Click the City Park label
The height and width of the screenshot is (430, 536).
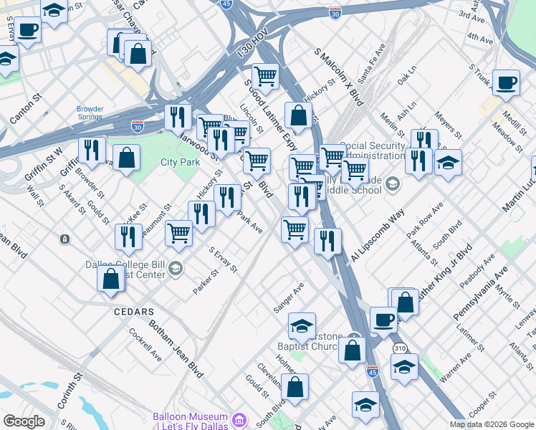pos(180,162)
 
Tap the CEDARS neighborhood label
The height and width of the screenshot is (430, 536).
pos(134,312)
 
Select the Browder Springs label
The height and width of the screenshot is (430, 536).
pos(90,113)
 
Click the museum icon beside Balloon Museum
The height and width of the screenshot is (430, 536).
pos(239,418)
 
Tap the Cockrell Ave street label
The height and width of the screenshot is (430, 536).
pos(145,345)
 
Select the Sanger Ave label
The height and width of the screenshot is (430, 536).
pos(289,297)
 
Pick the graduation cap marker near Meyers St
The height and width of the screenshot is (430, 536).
pos(448,162)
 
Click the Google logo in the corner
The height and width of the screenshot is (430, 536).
pos(24,421)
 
